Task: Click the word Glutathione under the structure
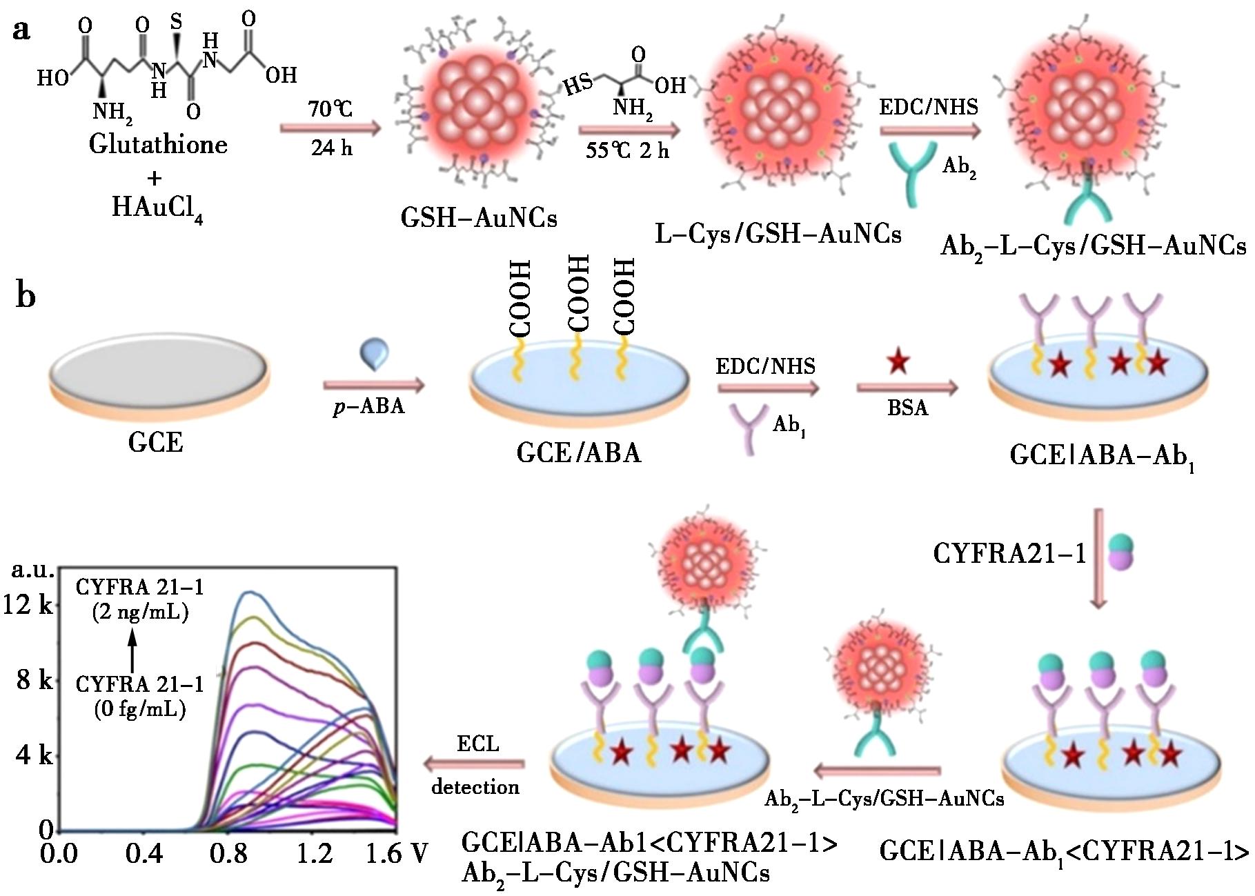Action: tap(158, 144)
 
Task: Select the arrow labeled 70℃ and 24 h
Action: tap(330, 128)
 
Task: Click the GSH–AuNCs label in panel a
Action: tap(479, 218)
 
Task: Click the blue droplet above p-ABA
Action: tap(375, 355)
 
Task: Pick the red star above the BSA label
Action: tap(898, 361)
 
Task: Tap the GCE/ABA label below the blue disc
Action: tap(579, 453)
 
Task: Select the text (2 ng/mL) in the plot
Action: tap(140, 612)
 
